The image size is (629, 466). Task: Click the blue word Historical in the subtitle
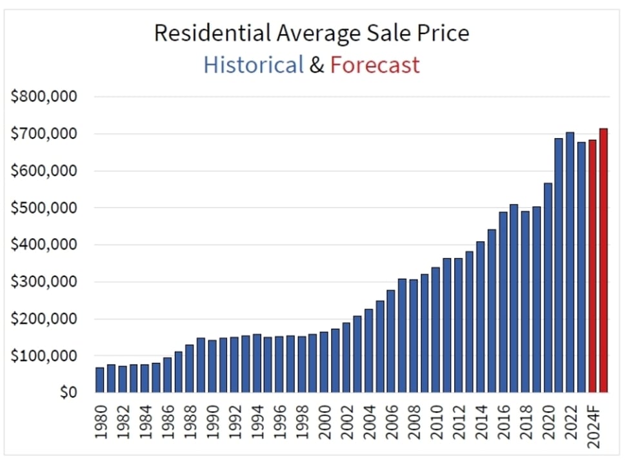[254, 65]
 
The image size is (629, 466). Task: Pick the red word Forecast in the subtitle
[375, 65]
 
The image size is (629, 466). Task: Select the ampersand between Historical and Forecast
[317, 65]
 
